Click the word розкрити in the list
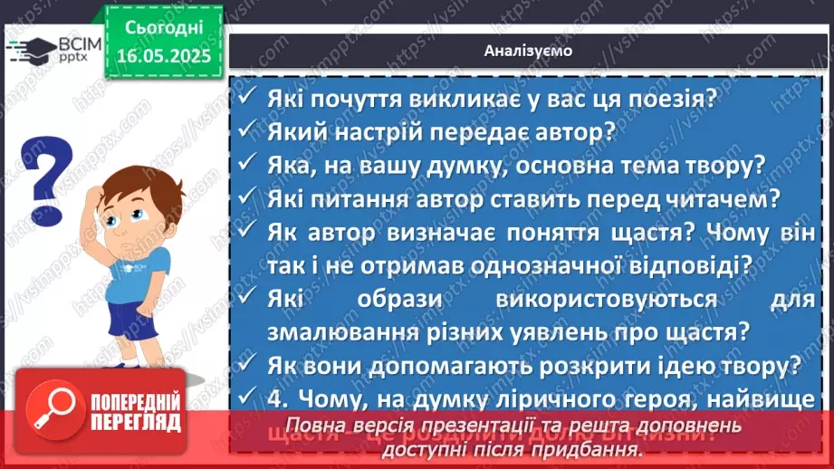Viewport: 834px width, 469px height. [x=590, y=365]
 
